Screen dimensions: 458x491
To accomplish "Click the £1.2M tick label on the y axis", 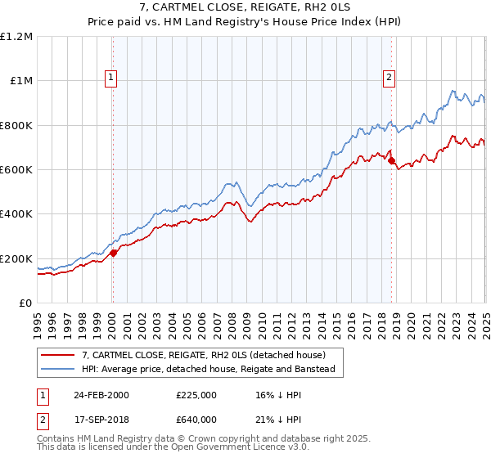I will click(16, 36).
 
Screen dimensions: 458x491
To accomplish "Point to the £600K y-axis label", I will click(16, 169).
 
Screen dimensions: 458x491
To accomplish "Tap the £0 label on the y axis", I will click(25, 303).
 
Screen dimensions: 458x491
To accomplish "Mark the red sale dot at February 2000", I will click(114, 253).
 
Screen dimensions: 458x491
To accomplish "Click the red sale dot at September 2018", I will click(391, 160).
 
